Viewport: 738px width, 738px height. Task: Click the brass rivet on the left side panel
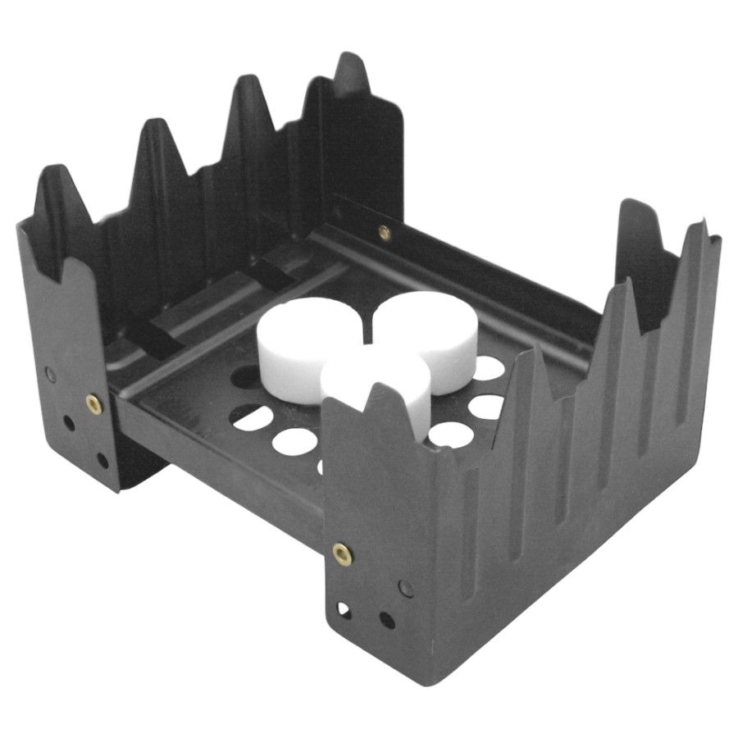(93, 403)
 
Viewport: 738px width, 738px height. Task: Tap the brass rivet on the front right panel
(341, 553)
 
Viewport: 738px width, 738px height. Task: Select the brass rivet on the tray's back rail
(384, 233)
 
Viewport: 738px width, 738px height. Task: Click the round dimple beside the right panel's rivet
(405, 586)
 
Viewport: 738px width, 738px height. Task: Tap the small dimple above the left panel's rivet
(53, 373)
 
